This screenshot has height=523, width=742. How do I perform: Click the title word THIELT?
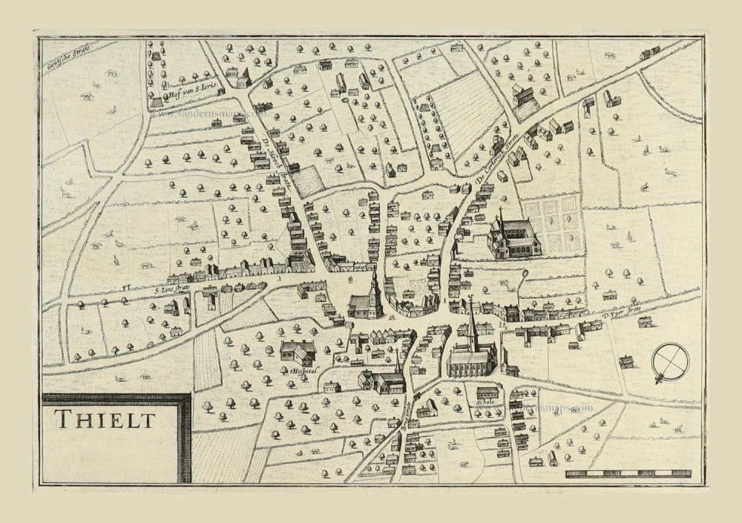(105, 420)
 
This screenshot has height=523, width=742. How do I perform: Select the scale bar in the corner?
(628, 473)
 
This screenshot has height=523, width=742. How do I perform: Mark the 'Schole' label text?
(485, 405)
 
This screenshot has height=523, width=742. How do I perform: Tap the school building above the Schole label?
(487, 392)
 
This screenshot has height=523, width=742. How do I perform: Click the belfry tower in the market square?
(374, 289)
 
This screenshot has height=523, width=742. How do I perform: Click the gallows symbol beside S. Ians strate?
(127, 285)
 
